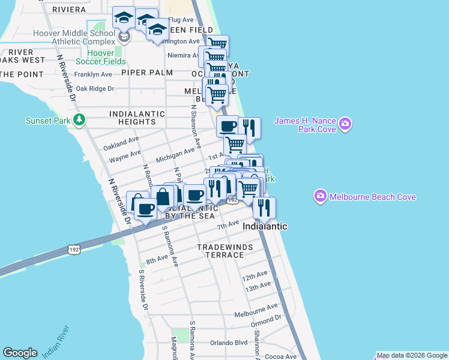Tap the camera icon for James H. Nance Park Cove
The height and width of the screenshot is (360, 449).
345,125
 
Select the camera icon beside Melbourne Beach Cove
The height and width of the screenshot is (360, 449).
320,197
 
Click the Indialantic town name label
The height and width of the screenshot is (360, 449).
265,226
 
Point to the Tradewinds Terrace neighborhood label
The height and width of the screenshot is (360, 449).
221,251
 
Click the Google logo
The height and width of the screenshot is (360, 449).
20,353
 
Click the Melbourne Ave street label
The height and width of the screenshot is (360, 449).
256,313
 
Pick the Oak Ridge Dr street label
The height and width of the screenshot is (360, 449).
95,88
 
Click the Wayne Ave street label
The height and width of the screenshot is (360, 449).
125,158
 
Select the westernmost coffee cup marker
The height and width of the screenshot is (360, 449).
145,209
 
